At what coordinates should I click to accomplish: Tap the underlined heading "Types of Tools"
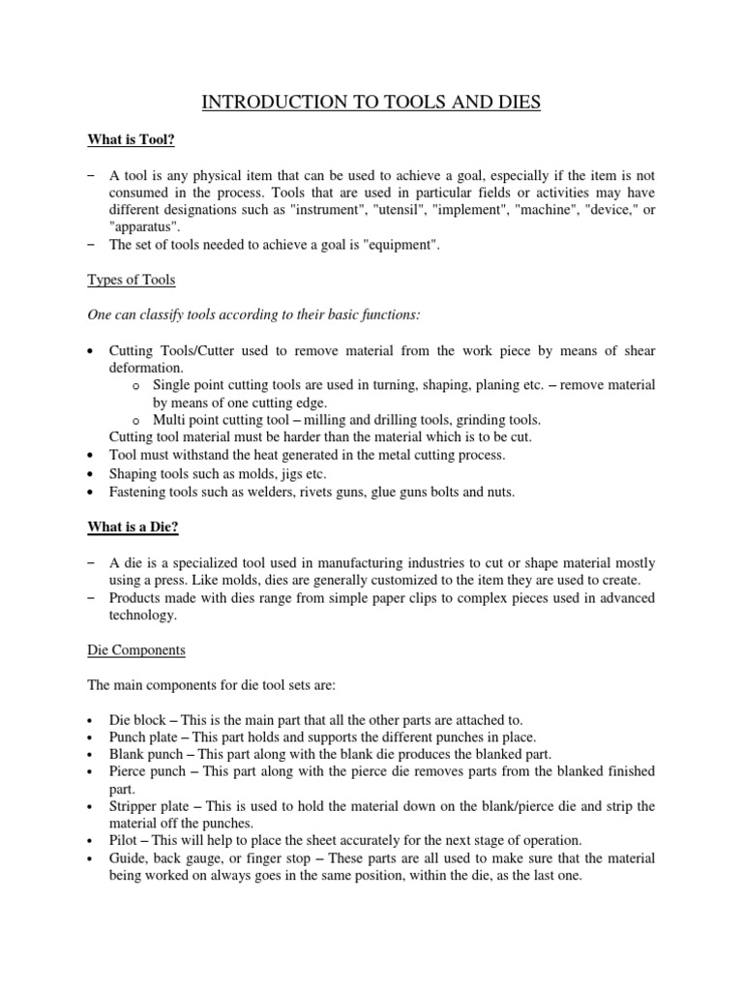[130, 280]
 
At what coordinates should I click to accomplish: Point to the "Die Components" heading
[137, 650]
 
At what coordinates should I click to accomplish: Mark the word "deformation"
[147, 368]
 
